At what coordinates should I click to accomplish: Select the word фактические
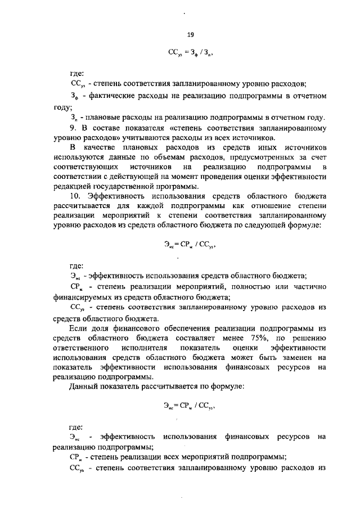click(x=111, y=96)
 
